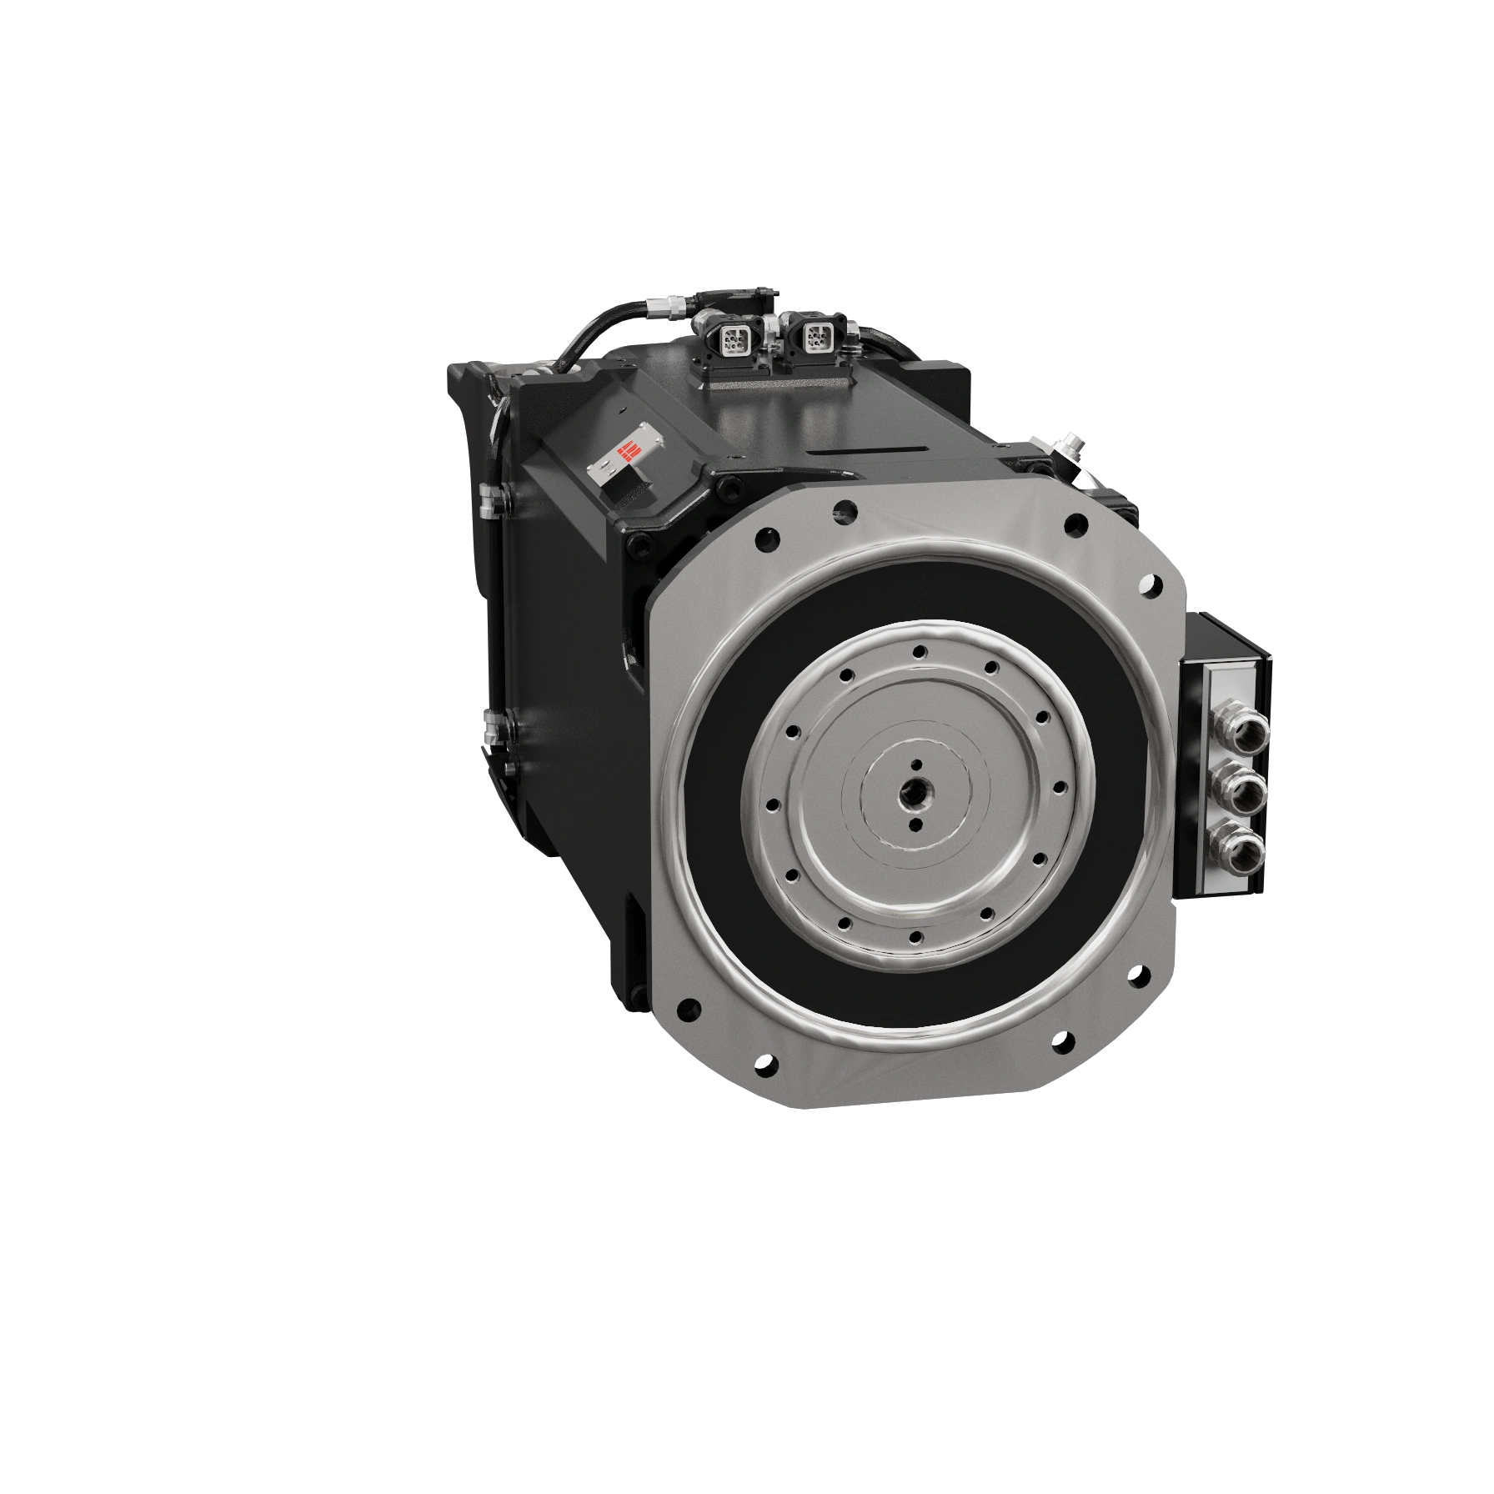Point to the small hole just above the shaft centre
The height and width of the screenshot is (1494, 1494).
pos(916,764)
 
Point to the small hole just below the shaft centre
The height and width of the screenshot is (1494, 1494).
pos(915,825)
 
